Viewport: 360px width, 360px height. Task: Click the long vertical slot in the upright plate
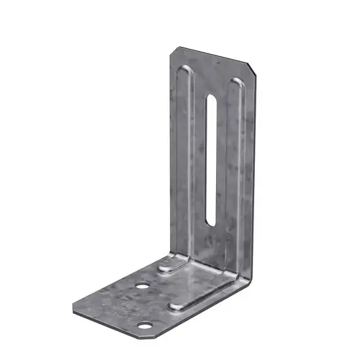211,158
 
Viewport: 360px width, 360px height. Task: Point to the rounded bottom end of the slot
208,221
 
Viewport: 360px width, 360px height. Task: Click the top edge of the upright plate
212,58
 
